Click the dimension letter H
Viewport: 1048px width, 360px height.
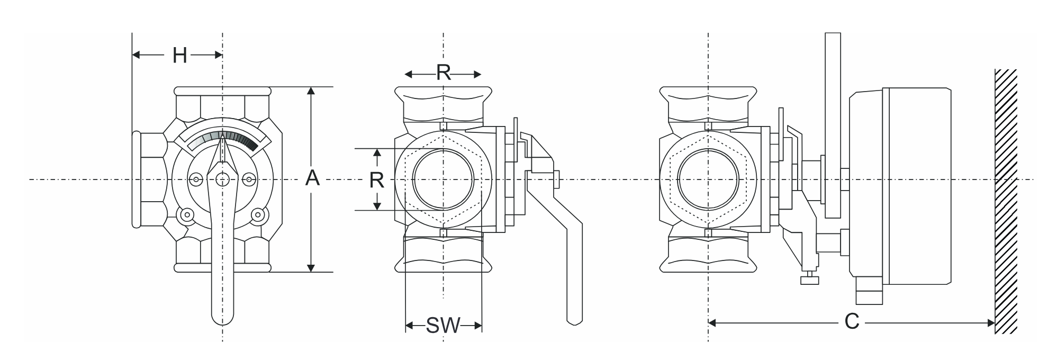180,55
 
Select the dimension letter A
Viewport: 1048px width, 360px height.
313,178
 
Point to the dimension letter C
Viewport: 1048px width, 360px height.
852,321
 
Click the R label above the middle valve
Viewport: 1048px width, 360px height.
444,73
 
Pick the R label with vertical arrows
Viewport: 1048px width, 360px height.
376,181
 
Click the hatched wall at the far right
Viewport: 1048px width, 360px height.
1006,201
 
